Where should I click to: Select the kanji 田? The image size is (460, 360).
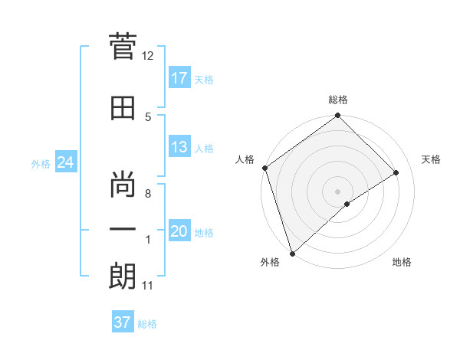[123, 108]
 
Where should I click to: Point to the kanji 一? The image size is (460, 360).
[123, 228]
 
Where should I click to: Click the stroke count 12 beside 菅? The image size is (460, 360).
[148, 56]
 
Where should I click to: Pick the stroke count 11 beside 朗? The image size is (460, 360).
[148, 286]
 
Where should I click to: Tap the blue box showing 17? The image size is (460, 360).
[179, 78]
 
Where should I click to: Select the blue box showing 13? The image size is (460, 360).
[179, 147]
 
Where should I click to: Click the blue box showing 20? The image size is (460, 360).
[179, 231]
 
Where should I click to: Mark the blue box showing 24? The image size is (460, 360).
[65, 162]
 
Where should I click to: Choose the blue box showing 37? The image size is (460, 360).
[123, 322]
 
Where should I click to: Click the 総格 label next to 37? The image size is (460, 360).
[147, 324]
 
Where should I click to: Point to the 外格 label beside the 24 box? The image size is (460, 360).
[41, 164]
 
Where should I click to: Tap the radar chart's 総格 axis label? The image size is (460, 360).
[338, 100]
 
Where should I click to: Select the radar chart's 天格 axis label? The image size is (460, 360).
[432, 159]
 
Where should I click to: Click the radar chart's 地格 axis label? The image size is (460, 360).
[402, 263]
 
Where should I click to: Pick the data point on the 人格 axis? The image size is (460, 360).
[264, 168]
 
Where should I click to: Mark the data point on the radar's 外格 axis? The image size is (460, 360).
[291, 253]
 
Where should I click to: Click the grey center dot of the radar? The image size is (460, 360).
[337, 190]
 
